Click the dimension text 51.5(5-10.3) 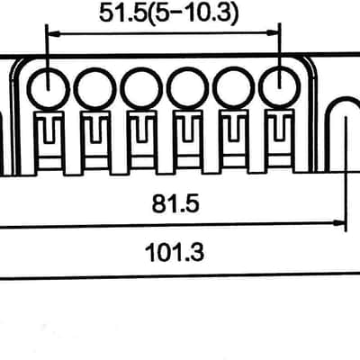(169, 13)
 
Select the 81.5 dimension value (175, 204)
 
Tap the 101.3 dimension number (175, 252)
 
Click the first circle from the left (48, 88)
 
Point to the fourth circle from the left (188, 88)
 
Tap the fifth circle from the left (233, 88)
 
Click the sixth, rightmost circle (279, 87)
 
